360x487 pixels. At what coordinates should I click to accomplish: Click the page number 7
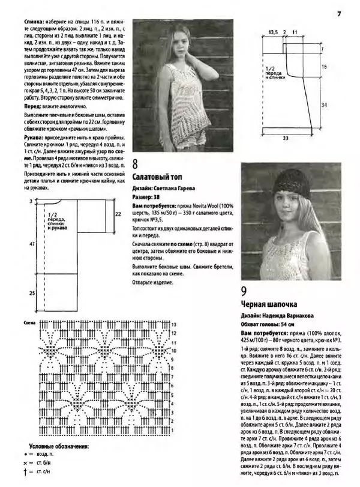339,14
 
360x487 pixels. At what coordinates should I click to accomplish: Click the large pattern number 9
244,292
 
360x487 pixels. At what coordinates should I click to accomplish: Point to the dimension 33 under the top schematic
286,139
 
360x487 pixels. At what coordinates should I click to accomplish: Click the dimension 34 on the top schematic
323,104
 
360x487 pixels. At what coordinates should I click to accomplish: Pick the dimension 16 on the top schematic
323,67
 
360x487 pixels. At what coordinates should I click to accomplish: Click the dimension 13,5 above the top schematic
272,31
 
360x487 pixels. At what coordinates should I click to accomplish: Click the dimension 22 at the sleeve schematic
118,213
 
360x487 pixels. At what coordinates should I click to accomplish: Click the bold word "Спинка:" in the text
34,21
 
